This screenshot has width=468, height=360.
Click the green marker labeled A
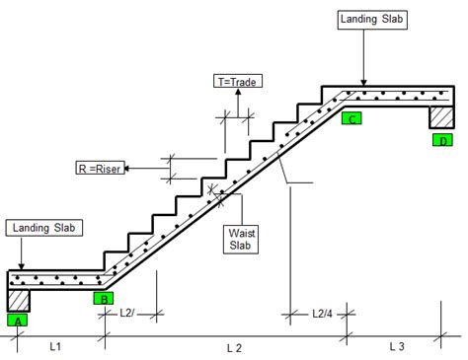coord(18,319)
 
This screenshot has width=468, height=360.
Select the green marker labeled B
coord(103,297)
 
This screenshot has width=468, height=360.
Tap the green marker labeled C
coord(352,118)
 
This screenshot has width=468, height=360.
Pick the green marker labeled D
coord(443,141)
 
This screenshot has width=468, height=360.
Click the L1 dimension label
coord(55,346)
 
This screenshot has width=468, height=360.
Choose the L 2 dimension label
coord(234,348)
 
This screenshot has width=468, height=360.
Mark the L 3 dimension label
coord(397,346)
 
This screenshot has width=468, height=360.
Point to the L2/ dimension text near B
coord(128,313)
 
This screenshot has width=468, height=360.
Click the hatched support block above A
coord(19,299)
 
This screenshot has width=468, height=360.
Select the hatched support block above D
coord(441,117)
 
